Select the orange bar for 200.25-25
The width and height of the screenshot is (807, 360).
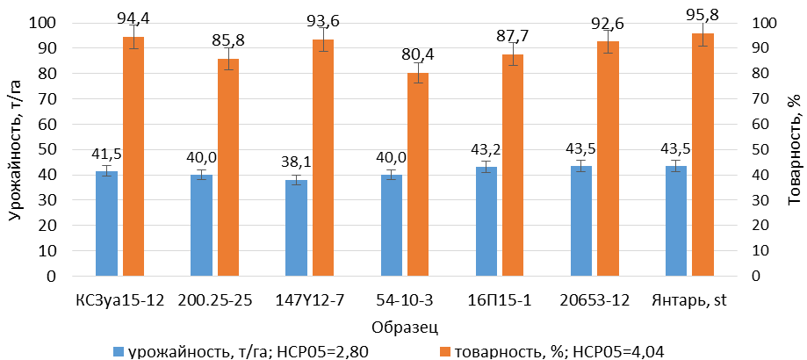click(x=228, y=167)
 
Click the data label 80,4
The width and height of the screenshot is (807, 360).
click(x=418, y=54)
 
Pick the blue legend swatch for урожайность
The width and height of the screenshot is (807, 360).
click(x=119, y=349)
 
